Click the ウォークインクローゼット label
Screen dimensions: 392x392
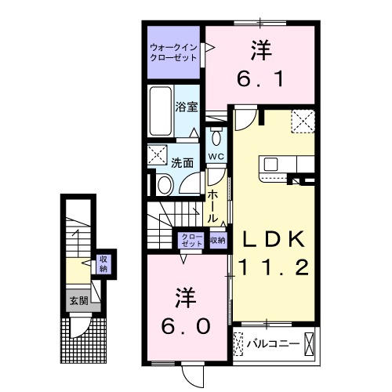coord(173,53)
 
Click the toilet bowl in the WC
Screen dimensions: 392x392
coord(216,138)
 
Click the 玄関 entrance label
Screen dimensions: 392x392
coord(77,299)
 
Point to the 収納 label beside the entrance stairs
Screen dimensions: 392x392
coord(103,263)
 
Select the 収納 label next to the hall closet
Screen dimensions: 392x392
coord(217,240)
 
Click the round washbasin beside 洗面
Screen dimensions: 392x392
coord(165,183)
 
